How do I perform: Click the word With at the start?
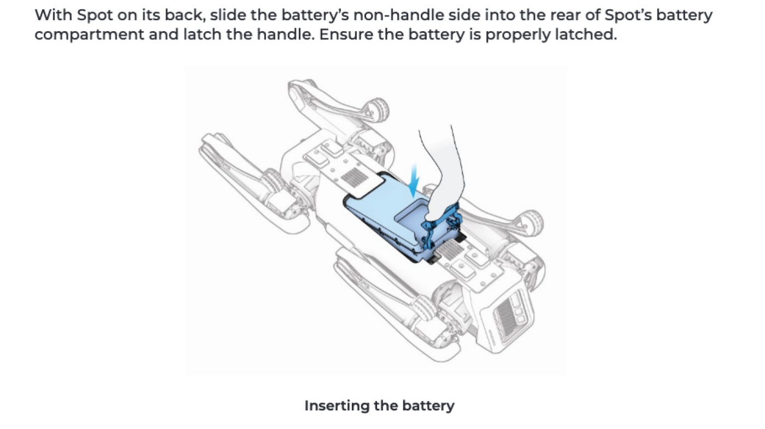click(x=53, y=15)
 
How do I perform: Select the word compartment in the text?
click(x=89, y=35)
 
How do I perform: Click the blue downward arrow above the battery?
click(x=414, y=180)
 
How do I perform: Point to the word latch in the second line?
click(x=203, y=34)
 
